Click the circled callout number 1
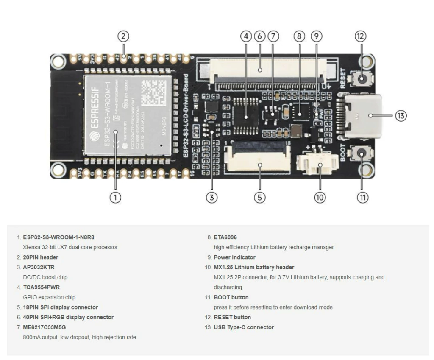115,197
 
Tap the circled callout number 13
401,115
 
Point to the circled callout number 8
300,36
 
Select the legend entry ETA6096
225,237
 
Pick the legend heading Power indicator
234,257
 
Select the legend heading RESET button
232,317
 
